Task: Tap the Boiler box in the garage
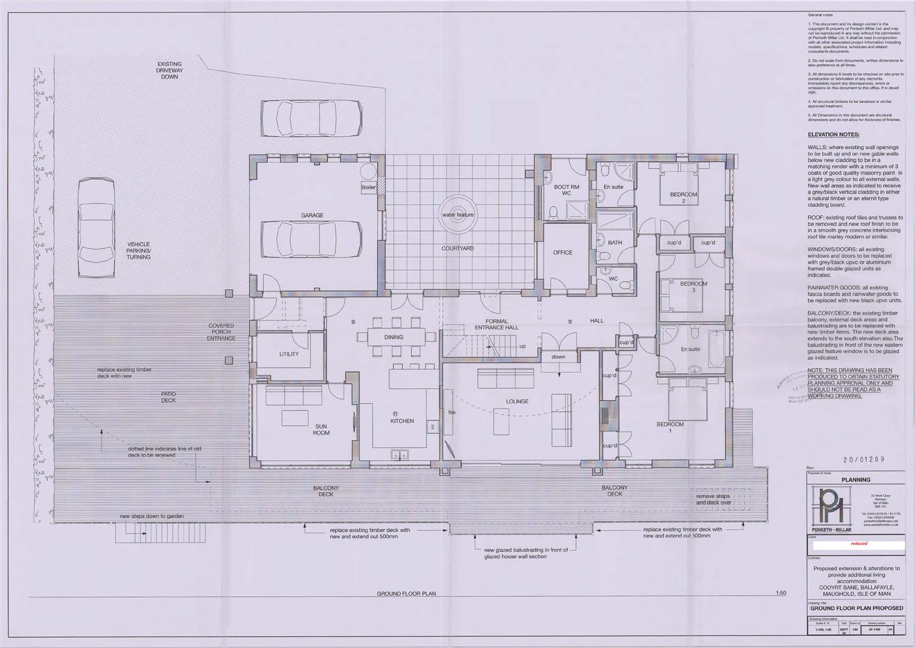(369, 187)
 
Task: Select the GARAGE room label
(312, 215)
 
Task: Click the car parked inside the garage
(311, 238)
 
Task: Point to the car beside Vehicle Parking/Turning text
(97, 227)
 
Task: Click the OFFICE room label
(562, 253)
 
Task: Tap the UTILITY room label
(288, 354)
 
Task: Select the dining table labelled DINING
(394, 337)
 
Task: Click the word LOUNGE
(517, 401)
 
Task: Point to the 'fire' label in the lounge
(452, 412)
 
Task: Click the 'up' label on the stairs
(522, 346)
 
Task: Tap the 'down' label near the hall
(558, 357)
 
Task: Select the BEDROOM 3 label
(694, 287)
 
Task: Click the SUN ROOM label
(321, 429)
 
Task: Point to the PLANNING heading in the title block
(856, 479)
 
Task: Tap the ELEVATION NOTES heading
(833, 134)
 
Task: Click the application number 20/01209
(864, 460)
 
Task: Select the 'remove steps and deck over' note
(713, 500)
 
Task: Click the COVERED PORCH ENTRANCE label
(221, 332)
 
